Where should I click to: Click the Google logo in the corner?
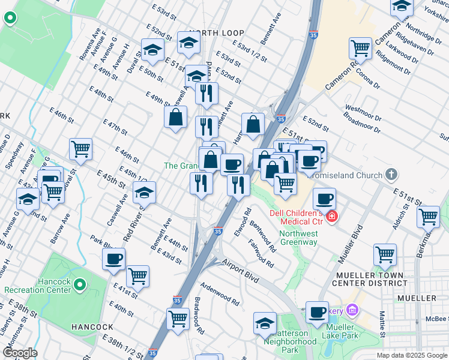tap(20, 353)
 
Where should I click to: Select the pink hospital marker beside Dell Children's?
tap(331, 215)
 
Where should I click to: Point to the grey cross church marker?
tap(391, 175)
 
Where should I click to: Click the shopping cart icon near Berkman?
tap(428, 217)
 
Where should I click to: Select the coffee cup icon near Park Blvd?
tap(113, 259)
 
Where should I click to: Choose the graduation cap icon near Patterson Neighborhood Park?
tap(265, 323)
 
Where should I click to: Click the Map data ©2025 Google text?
tap(411, 355)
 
